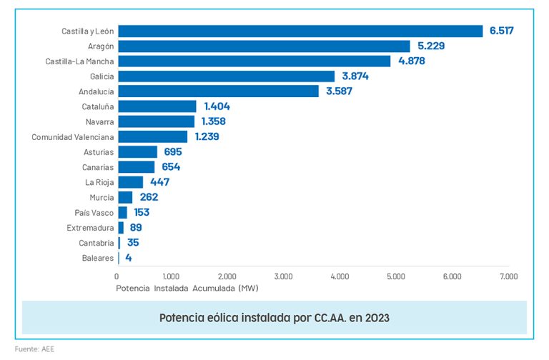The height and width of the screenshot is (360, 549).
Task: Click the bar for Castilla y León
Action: click(x=300, y=31)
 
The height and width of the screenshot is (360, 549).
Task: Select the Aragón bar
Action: click(x=264, y=46)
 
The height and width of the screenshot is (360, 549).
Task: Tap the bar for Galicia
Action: click(x=226, y=76)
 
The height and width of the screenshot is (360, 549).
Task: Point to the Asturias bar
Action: click(x=137, y=151)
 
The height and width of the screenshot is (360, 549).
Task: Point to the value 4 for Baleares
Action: click(x=128, y=258)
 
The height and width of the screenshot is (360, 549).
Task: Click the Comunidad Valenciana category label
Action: click(x=72, y=136)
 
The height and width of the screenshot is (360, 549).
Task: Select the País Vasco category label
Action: click(x=94, y=212)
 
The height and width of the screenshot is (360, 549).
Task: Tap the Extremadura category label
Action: click(x=89, y=228)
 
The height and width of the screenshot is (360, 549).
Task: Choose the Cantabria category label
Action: click(x=94, y=243)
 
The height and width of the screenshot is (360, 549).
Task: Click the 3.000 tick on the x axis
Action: click(x=283, y=276)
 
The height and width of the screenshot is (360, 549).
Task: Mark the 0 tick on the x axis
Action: click(x=117, y=276)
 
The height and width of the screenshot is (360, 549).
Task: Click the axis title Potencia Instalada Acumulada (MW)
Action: click(x=187, y=289)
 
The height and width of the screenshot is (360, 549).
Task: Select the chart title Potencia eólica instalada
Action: click(x=274, y=317)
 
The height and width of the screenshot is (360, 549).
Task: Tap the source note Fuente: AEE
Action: click(x=34, y=349)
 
